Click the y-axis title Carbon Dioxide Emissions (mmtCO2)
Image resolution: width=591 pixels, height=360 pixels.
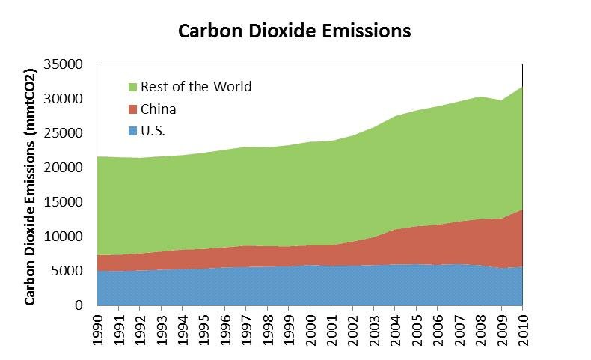[x=31, y=187]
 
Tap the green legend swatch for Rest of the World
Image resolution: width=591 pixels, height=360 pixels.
[x=132, y=87]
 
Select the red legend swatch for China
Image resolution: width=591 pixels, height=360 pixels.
[x=132, y=109]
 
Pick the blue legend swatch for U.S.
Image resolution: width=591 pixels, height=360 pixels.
[x=132, y=132]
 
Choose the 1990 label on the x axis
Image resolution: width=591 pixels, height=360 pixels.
[x=97, y=326]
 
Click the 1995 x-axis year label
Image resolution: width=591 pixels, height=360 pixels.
[x=203, y=326]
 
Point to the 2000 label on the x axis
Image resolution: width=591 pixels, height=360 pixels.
[x=310, y=326]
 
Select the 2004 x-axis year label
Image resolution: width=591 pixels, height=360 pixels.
[x=395, y=326]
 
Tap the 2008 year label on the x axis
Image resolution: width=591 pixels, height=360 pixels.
[x=480, y=326]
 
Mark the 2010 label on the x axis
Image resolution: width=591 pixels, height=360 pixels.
[x=522, y=326]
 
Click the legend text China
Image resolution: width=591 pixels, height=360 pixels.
[x=159, y=109]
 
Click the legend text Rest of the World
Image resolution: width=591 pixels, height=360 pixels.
[x=196, y=87]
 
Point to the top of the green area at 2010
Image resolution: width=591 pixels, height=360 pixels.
[x=522, y=87]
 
